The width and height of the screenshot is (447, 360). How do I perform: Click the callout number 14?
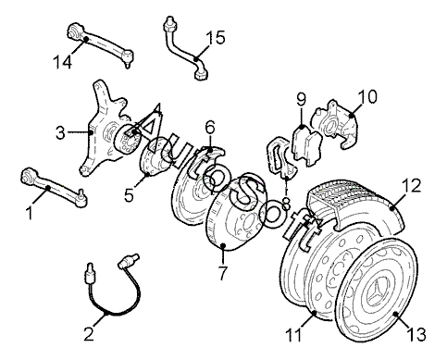(62, 62)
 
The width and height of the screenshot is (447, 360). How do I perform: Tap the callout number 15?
(216, 37)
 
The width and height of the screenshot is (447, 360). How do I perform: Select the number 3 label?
(60, 133)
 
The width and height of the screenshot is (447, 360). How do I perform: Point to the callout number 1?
(30, 213)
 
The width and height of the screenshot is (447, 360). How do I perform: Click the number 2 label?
(89, 333)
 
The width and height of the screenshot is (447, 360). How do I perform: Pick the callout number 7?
(222, 272)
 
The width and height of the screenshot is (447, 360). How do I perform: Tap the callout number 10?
(367, 96)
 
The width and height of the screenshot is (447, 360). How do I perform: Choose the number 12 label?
(411, 185)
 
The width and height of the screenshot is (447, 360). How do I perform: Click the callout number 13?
(416, 334)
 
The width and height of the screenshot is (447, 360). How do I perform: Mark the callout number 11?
(294, 335)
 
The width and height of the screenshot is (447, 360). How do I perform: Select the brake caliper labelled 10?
(335, 124)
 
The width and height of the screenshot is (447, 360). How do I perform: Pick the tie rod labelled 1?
(53, 187)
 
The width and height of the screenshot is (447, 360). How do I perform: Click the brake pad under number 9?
(307, 145)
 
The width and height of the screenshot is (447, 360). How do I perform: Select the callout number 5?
(129, 194)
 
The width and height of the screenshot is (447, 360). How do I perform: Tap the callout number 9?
(301, 99)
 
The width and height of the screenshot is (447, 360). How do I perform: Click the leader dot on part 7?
(224, 246)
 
